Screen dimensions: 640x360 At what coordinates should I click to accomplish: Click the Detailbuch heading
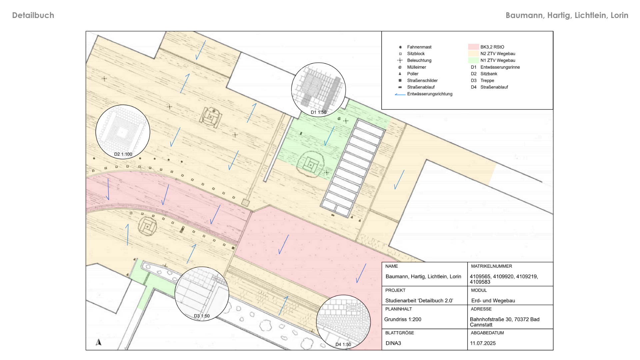(x=33, y=15)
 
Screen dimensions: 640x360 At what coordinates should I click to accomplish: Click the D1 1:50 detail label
(x=318, y=112)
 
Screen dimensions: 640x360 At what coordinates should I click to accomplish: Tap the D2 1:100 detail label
(x=123, y=154)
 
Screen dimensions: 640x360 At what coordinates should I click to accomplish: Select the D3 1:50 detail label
(x=202, y=316)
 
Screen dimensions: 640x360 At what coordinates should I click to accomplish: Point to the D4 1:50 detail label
(x=343, y=345)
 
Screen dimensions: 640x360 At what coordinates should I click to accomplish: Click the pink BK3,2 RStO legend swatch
(x=473, y=47)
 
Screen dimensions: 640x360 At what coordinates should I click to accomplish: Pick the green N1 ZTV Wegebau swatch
(x=473, y=60)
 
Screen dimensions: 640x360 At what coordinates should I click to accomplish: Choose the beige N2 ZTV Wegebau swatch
(x=473, y=54)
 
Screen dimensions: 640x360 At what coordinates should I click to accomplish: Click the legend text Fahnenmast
(x=419, y=47)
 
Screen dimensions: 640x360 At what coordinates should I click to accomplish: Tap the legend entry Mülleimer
(x=417, y=67)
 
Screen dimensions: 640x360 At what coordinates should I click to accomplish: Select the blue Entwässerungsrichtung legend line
(x=400, y=95)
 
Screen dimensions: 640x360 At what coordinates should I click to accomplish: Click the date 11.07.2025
(x=483, y=343)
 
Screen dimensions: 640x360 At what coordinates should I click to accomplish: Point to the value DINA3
(x=393, y=343)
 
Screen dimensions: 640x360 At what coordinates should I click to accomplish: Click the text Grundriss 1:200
(x=403, y=319)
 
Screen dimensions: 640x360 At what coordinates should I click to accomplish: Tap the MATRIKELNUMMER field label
(x=491, y=266)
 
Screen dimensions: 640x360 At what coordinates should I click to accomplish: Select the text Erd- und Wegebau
(x=493, y=301)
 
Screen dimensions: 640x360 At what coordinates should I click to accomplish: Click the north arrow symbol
(x=98, y=342)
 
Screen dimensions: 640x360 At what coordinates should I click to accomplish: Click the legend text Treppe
(x=487, y=80)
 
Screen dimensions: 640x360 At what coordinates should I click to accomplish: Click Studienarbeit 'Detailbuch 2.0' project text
(x=419, y=301)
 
